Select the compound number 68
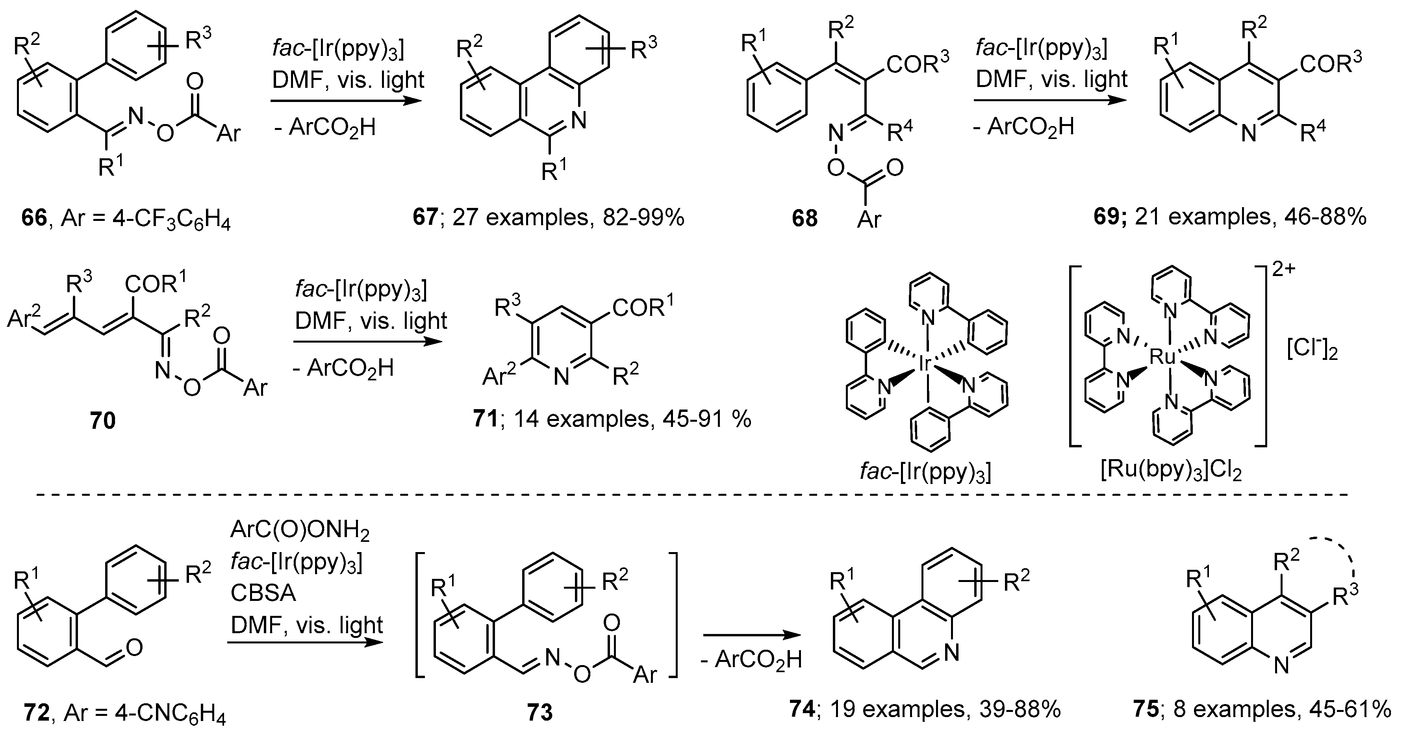pos(805,219)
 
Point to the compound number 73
pos(539,713)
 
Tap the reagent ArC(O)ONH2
pos(300,530)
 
